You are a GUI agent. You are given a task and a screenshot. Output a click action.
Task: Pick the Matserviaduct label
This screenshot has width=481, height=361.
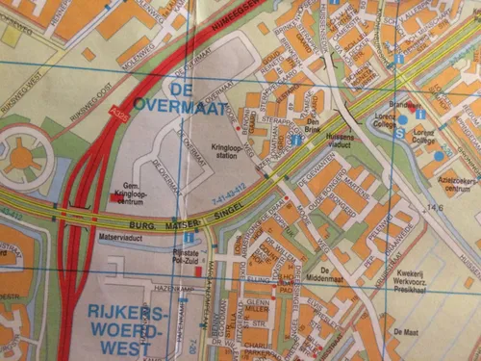(x=120, y=235)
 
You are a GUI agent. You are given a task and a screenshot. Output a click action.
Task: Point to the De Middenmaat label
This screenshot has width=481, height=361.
(x=331, y=273)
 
